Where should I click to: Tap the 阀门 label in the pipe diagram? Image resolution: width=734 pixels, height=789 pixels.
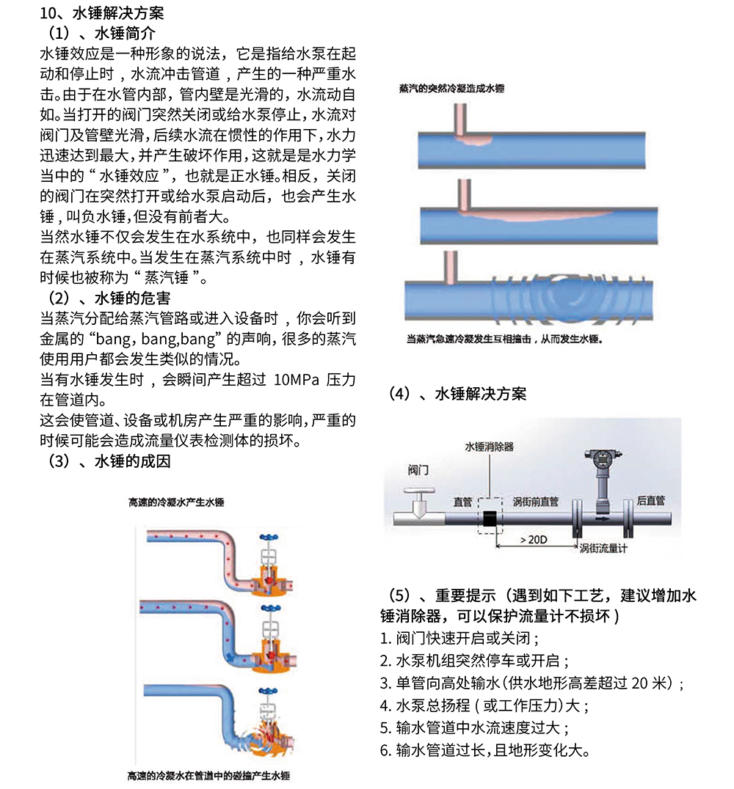419,469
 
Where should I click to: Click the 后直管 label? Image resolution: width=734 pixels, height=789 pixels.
650,501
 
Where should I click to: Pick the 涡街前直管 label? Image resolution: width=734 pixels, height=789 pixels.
535,502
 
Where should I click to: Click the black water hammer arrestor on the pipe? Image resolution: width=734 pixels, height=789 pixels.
490,518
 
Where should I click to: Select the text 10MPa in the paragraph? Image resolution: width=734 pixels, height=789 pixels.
297,381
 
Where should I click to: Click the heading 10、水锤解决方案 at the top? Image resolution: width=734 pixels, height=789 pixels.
102,13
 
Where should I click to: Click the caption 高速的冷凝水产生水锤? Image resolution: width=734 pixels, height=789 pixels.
175,502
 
